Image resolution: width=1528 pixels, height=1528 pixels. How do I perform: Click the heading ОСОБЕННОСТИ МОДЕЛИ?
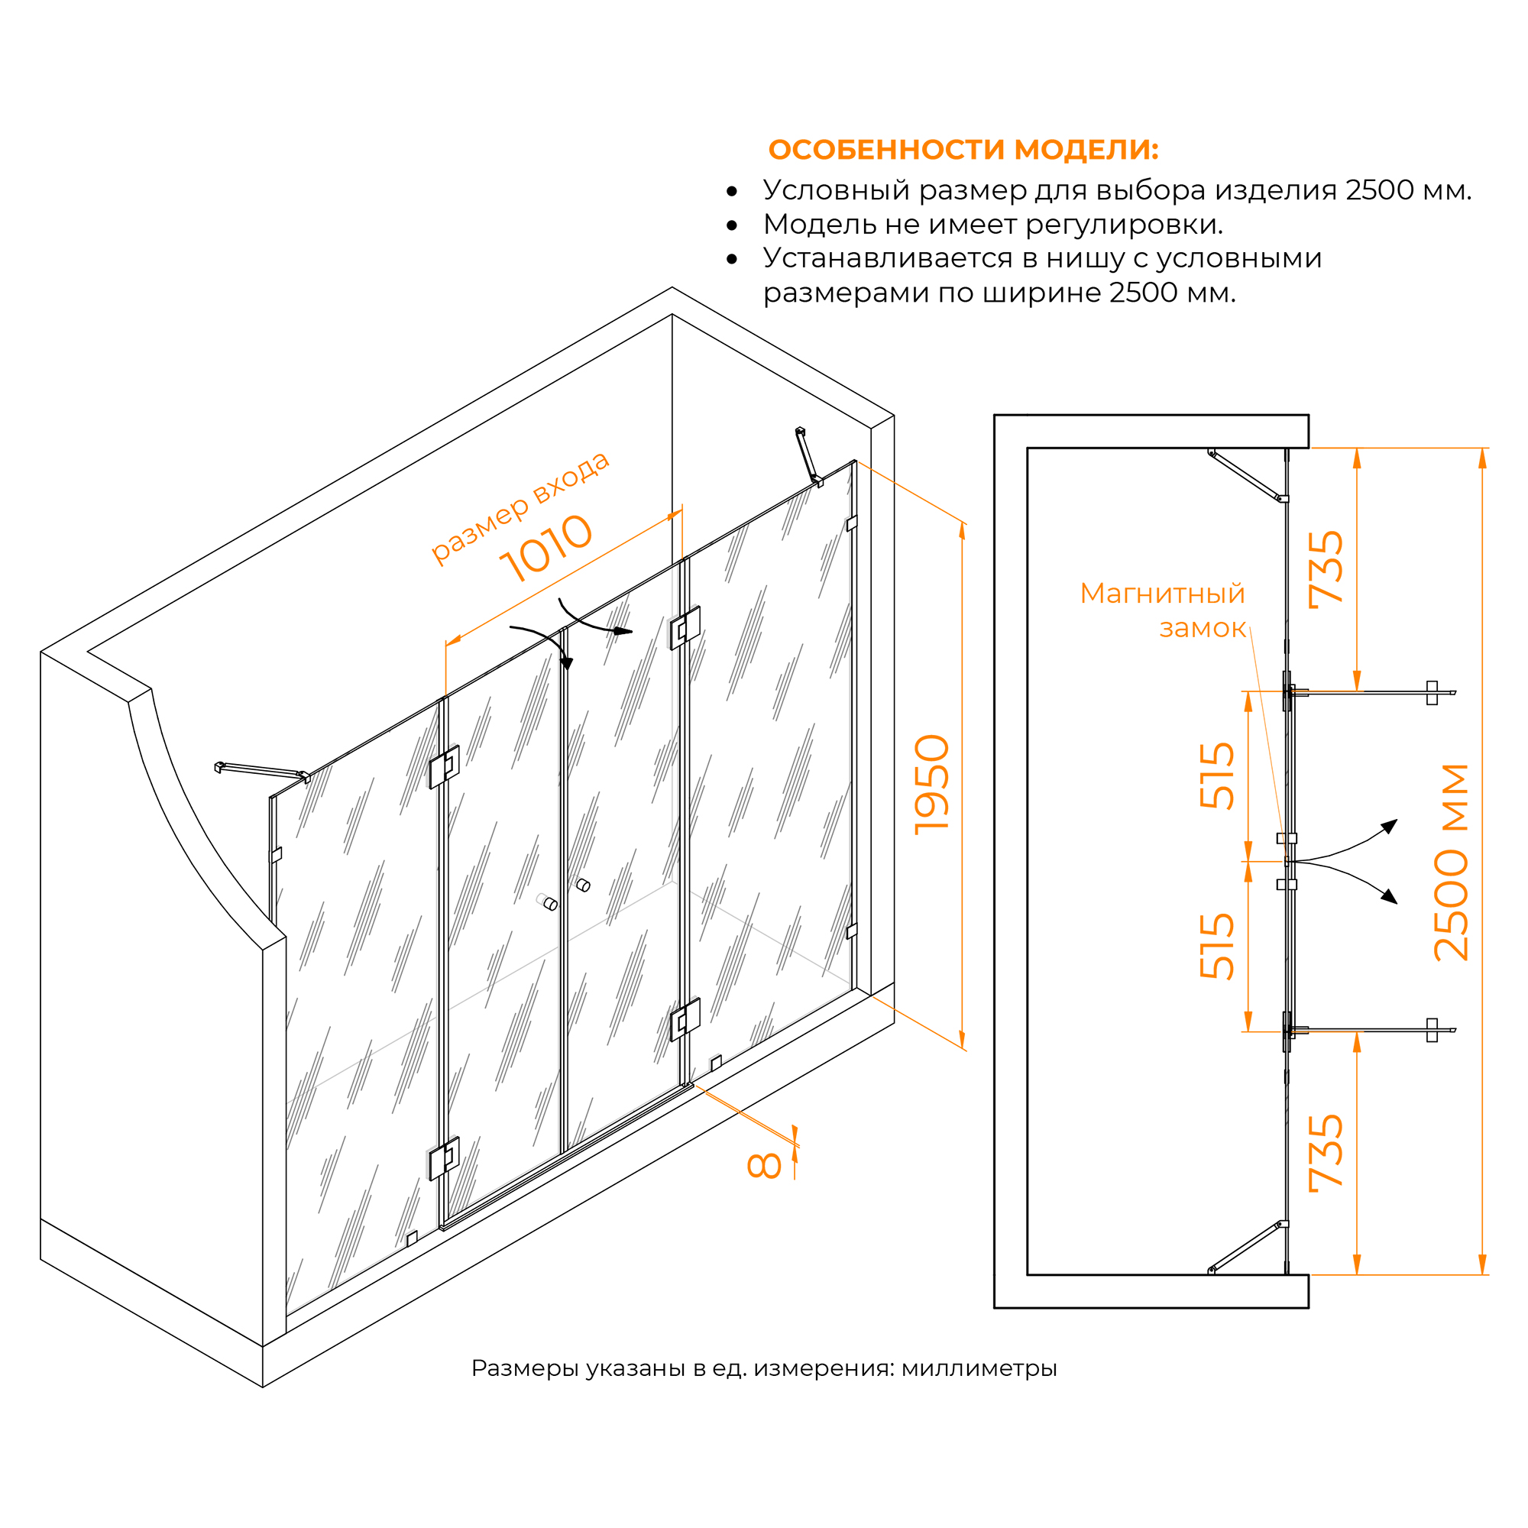(963, 150)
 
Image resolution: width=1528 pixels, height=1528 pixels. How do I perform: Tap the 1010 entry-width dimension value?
(545, 548)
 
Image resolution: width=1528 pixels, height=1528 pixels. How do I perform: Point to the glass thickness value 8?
(764, 1166)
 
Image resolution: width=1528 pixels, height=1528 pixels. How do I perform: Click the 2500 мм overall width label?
(1452, 862)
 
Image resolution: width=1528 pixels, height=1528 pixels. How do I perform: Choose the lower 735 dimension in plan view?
(1326, 1152)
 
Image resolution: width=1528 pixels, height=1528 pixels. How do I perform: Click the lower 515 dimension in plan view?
(1217, 947)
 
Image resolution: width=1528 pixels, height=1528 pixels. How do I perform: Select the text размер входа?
(520, 508)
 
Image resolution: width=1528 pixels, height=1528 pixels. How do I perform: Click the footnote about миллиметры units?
(764, 1368)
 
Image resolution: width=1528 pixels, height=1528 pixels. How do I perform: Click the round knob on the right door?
(584, 884)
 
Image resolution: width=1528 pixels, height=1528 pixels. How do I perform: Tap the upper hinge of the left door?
(445, 766)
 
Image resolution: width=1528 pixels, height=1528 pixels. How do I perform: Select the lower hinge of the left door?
(445, 1158)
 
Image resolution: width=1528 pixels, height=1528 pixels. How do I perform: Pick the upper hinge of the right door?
(685, 628)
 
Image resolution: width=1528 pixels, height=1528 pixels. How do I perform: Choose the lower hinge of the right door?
(685, 1019)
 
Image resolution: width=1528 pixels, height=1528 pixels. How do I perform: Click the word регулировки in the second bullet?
(1124, 225)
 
